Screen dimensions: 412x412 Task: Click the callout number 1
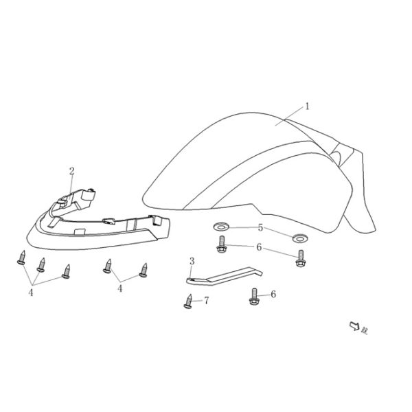point(308,106)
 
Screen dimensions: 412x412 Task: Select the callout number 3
point(192,261)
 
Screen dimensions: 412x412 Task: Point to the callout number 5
point(260,228)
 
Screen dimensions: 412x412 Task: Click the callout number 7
point(205,301)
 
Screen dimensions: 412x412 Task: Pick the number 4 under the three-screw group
point(31,292)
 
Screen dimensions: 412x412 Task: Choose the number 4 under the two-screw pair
point(120,289)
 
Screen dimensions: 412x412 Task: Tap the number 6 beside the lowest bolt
point(273,294)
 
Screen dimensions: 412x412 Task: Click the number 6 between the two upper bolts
point(259,247)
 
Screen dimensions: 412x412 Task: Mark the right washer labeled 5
point(299,238)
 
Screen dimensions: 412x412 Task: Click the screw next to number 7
point(188,301)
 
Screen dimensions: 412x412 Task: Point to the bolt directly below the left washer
point(221,244)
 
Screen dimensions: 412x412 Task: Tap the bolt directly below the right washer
point(300,259)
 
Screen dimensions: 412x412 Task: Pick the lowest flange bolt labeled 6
point(252,297)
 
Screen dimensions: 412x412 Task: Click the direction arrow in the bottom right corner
point(355,327)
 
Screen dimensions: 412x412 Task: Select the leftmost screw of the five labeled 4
point(21,258)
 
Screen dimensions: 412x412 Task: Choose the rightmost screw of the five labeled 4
point(144,269)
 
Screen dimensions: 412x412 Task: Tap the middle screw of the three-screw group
point(41,264)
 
